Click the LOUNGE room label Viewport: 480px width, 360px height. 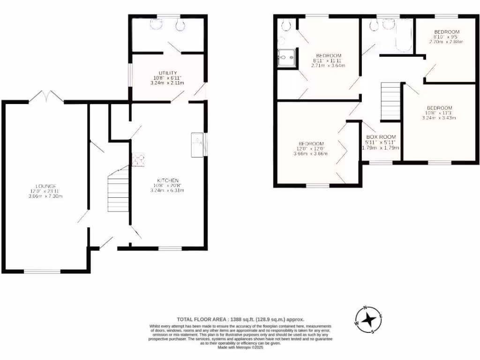45,186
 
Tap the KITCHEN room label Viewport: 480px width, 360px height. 168,180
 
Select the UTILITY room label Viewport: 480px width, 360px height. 167,73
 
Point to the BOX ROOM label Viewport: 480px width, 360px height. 381,137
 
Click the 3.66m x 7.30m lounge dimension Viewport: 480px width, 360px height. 45,196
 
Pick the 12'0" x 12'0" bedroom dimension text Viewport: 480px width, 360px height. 310,148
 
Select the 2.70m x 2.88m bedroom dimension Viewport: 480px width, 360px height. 446,42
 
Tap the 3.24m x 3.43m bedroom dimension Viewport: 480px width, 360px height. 439,118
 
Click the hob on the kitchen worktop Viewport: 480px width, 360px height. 138,160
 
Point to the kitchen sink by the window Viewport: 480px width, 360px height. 196,144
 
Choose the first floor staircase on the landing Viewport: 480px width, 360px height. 390,101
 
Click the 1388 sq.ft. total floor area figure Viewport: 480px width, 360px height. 222,317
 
